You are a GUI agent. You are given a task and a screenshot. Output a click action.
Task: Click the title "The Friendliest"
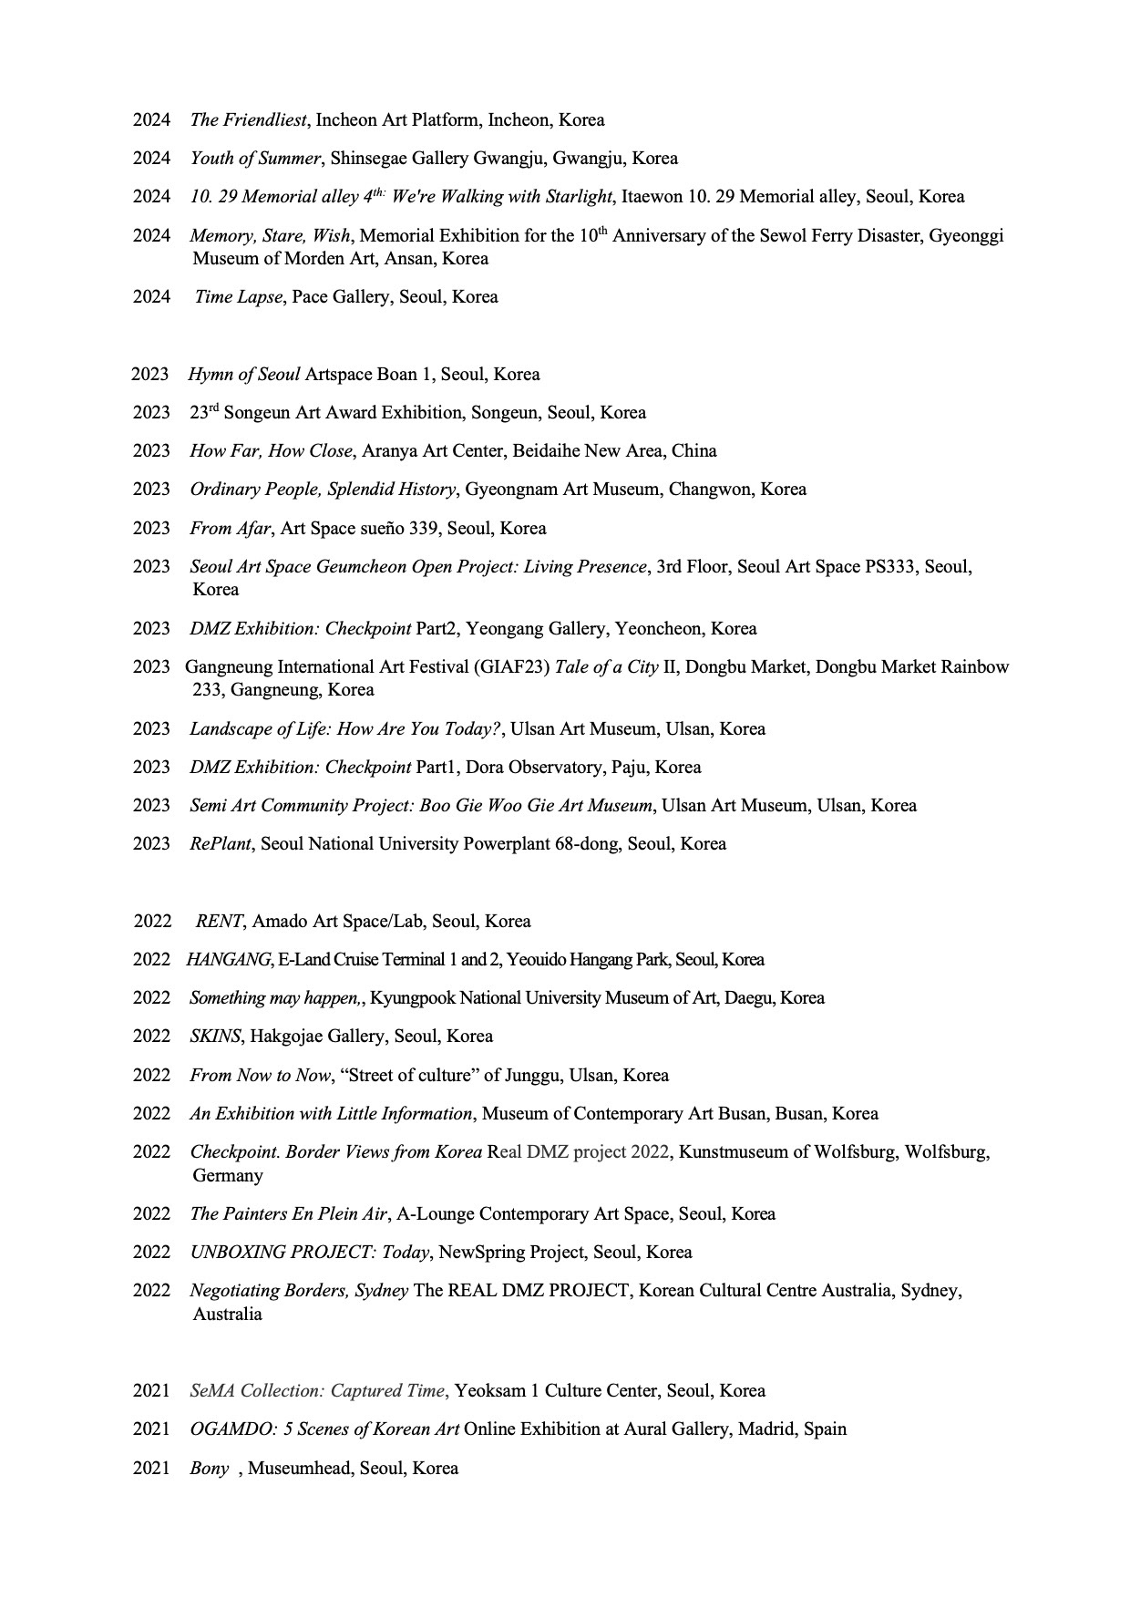[248, 119]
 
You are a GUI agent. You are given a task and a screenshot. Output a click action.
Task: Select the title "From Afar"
[230, 529]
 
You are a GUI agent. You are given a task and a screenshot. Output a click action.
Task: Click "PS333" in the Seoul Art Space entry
[889, 567]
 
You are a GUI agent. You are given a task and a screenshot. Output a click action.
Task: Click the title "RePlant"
[221, 844]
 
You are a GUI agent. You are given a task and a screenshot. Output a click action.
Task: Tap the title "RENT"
[220, 922]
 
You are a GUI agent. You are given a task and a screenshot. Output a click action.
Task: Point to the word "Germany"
[227, 1176]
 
